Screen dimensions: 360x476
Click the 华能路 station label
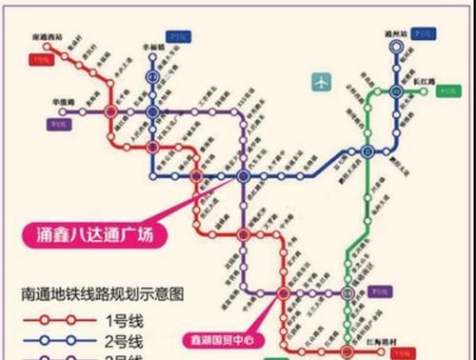tap(65, 98)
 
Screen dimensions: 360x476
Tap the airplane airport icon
tap(322, 82)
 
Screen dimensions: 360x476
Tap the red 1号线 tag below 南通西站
tap(42, 60)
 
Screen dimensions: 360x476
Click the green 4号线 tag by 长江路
tap(447, 92)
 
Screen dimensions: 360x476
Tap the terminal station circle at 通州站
tap(397, 48)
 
